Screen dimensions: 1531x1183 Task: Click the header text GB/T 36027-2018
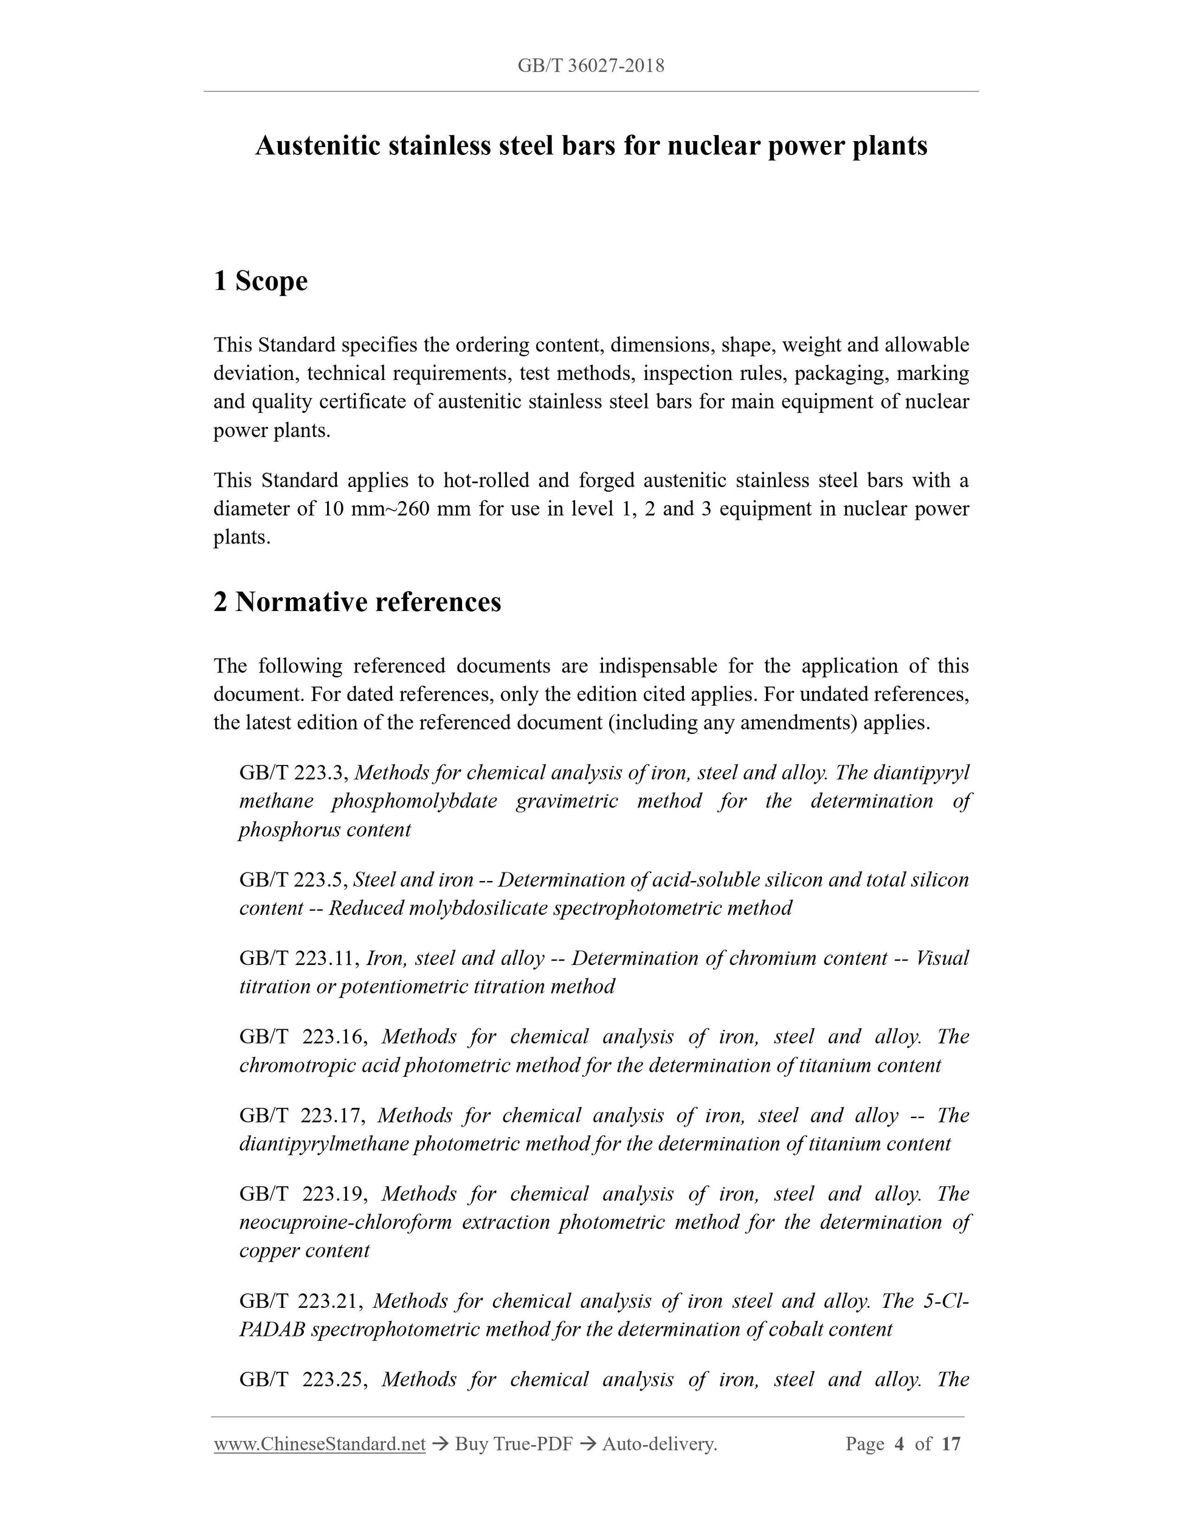(591, 66)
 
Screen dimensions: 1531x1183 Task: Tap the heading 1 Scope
(261, 281)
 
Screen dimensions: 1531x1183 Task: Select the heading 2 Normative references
(357, 601)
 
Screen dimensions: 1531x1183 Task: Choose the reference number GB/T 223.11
(299, 958)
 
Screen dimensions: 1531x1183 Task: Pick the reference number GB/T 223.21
(301, 1301)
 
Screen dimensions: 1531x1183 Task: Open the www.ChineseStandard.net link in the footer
(320, 1444)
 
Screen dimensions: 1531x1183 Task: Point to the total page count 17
(950, 1444)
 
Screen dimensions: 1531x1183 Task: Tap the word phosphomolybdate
(414, 801)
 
